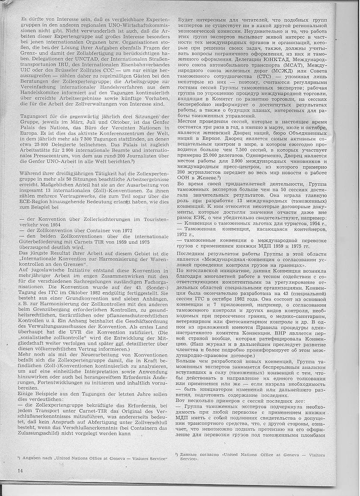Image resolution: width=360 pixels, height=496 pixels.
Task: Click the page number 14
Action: [20, 471]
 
